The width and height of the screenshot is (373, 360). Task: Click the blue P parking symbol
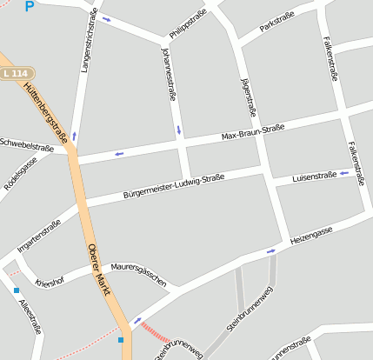point(30,6)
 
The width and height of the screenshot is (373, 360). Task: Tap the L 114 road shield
point(14,75)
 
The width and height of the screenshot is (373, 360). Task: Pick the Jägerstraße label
point(249,97)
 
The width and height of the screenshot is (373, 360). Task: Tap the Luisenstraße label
point(314,176)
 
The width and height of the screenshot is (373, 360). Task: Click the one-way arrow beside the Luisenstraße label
point(345,173)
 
